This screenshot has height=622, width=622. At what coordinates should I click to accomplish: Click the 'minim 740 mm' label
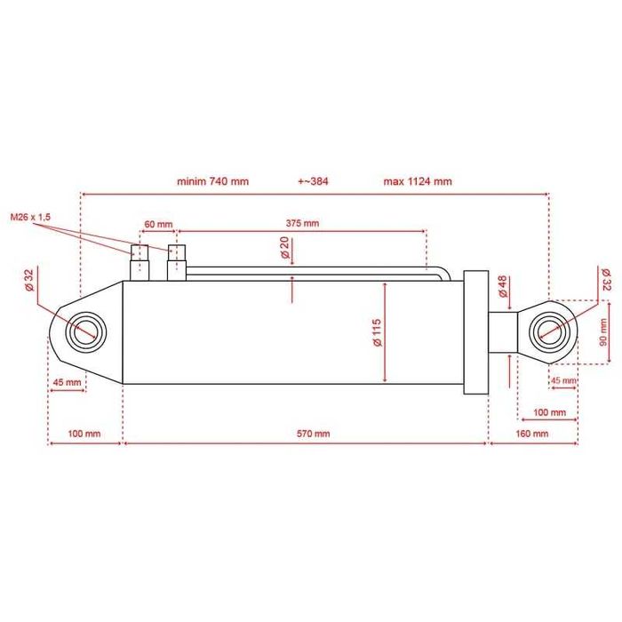coord(212,181)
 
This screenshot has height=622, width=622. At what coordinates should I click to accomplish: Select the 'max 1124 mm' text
coord(418,181)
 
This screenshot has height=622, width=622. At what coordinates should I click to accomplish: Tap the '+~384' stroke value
coord(313,181)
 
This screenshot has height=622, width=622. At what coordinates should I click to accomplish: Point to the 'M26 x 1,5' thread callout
coord(30,218)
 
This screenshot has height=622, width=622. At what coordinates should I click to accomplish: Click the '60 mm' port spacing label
coord(158,225)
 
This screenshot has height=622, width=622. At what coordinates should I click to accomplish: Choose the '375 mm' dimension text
coord(302,223)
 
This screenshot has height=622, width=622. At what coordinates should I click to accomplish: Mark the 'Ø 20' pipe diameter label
coord(285,248)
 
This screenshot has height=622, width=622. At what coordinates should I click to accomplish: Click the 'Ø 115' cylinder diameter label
coord(377,332)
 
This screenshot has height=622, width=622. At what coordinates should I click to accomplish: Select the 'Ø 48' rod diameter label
coord(503,286)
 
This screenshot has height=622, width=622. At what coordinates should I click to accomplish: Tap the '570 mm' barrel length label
coord(314,434)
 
